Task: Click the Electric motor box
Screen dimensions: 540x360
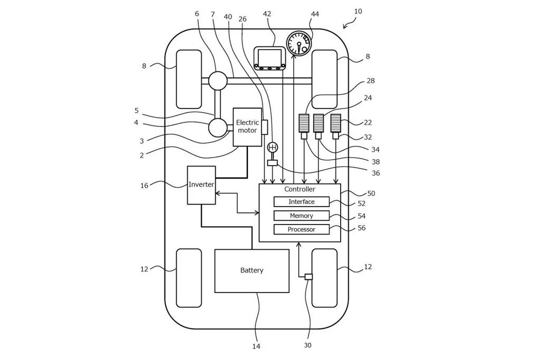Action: [x=247, y=127]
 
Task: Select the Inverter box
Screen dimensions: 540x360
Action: [x=201, y=185]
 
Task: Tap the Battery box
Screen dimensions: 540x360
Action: [x=252, y=271]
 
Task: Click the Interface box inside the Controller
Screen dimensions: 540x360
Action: [x=301, y=202]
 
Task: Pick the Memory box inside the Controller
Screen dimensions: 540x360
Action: [x=301, y=216]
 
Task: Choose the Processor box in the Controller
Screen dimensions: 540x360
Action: [x=301, y=229]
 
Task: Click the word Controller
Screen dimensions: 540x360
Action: [x=300, y=189]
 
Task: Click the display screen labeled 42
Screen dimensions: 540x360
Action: [x=270, y=58]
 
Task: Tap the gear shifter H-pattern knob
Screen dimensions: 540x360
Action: [x=273, y=148]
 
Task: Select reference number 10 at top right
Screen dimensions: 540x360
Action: [x=358, y=12]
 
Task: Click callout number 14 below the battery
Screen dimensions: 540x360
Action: [x=256, y=346]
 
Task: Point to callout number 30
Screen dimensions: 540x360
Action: [x=308, y=345]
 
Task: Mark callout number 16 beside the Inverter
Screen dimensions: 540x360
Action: [x=144, y=186]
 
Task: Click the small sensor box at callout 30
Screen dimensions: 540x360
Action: [x=308, y=277]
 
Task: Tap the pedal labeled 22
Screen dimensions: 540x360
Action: [x=336, y=123]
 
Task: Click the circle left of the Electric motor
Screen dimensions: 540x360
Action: [x=218, y=128]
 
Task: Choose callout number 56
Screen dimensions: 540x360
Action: [x=362, y=228]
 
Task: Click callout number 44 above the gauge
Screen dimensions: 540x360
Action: [x=315, y=14]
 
